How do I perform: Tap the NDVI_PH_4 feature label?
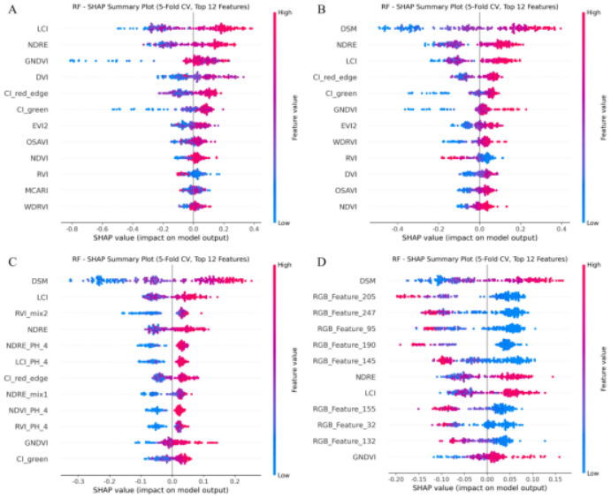(x=31, y=410)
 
